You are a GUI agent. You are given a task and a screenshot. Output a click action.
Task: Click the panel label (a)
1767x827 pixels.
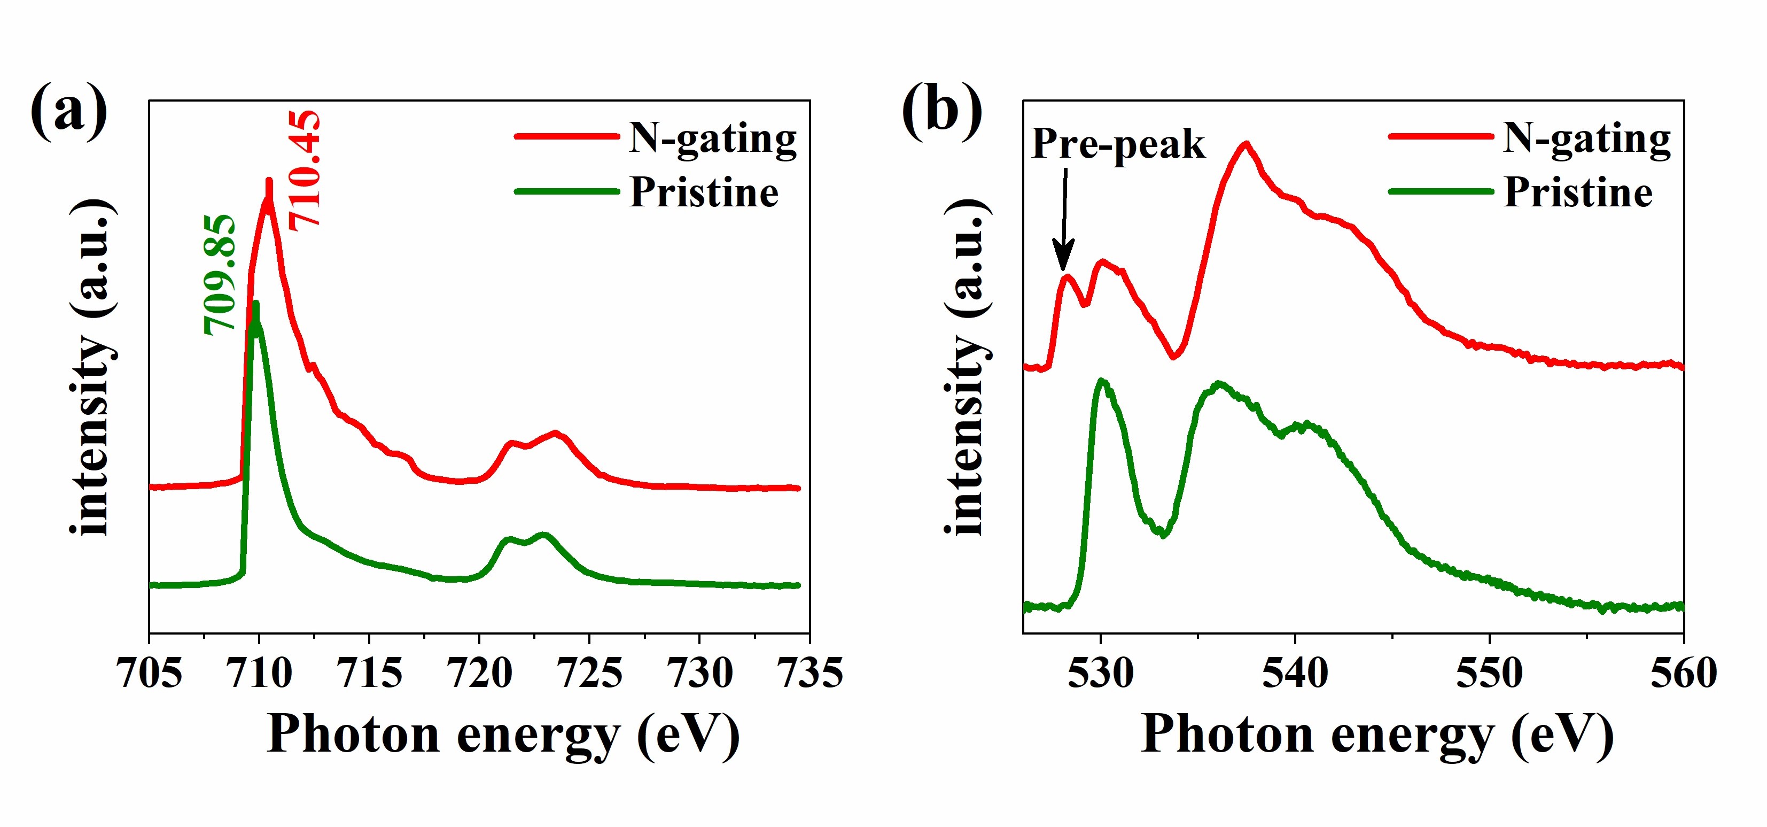click(x=68, y=110)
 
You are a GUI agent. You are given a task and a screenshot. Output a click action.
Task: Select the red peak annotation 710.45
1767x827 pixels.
click(x=304, y=170)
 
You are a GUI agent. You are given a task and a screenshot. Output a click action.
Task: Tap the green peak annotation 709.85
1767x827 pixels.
click(x=220, y=275)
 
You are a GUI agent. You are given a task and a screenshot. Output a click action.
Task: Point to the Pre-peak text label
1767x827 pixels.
click(x=1118, y=144)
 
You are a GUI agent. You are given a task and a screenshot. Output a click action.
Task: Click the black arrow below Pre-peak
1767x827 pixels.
click(x=1064, y=220)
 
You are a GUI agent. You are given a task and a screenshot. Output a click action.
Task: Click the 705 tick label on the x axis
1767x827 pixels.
click(x=150, y=673)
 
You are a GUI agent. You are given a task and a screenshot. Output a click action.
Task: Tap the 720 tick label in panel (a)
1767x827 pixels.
click(x=479, y=673)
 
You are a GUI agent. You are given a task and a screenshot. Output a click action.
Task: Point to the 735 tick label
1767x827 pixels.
click(x=810, y=673)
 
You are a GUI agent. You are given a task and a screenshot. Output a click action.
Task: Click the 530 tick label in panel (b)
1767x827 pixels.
click(x=1101, y=673)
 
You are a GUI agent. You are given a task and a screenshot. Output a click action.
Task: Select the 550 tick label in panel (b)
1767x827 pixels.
click(x=1489, y=673)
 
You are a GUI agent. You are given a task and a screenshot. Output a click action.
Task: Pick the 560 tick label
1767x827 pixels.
click(x=1683, y=673)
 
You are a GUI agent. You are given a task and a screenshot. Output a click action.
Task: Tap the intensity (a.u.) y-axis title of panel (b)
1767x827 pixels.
click(x=967, y=367)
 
